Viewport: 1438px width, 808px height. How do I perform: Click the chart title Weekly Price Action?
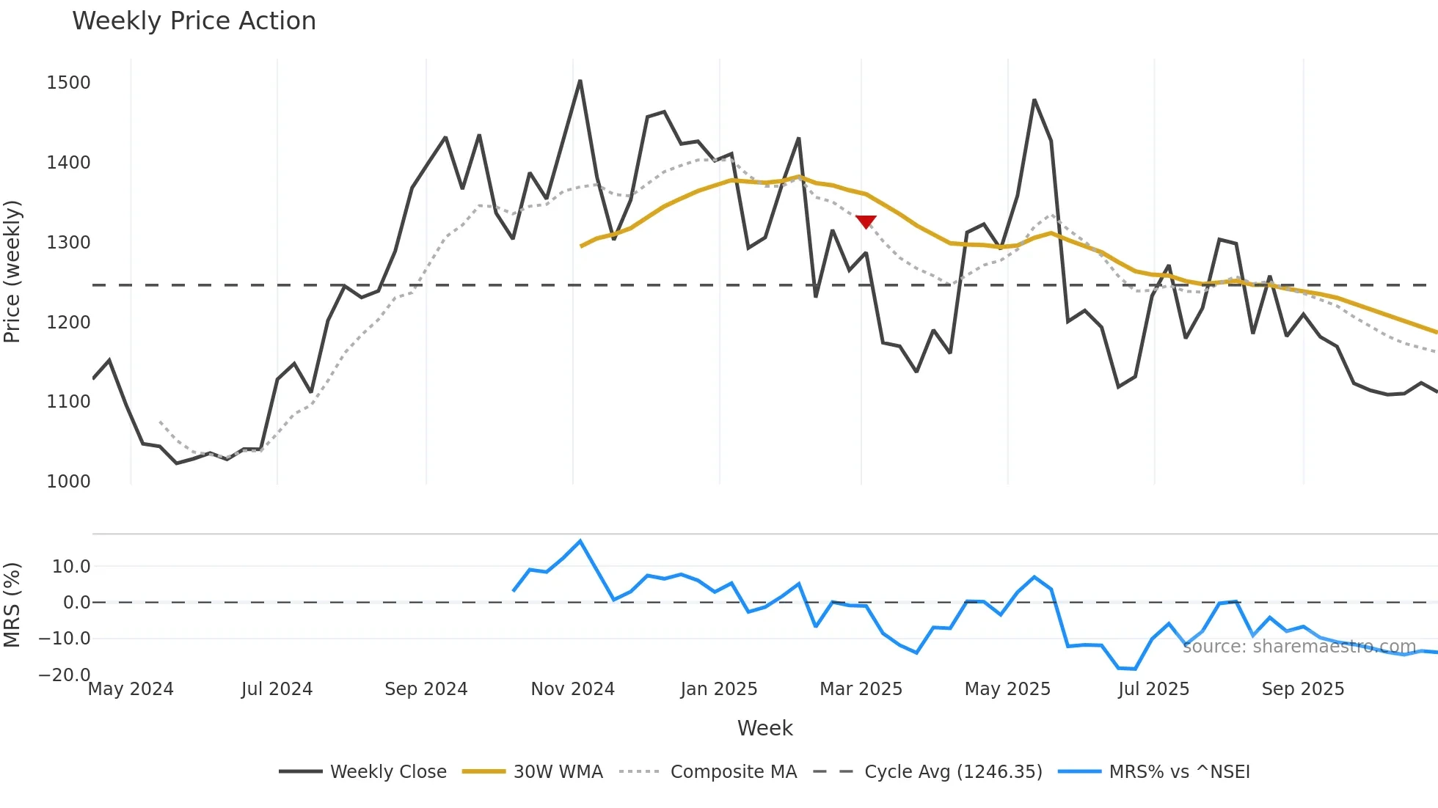click(194, 21)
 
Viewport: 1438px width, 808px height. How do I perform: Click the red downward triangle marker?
click(866, 221)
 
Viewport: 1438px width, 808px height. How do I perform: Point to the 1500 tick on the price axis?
click(68, 83)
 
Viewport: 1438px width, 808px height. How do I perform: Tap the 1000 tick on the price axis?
click(68, 482)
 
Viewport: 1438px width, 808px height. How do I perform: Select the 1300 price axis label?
click(68, 243)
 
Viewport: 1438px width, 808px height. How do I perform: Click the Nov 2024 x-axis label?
click(572, 689)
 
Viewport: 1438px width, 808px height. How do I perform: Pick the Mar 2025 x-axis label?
click(861, 689)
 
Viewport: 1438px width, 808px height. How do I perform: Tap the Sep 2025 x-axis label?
click(1302, 689)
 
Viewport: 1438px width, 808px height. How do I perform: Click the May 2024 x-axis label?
click(131, 689)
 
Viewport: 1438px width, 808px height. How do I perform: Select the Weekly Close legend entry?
click(363, 772)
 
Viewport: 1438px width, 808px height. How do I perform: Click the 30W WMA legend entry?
click(533, 772)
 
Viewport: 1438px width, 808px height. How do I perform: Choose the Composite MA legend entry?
click(708, 772)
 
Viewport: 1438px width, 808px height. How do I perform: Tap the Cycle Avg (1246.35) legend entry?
click(928, 772)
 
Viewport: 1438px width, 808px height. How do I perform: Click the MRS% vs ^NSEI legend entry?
click(1154, 772)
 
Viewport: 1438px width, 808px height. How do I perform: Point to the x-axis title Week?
click(764, 728)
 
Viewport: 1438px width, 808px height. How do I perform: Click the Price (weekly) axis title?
click(12, 271)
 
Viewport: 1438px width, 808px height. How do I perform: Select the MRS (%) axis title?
click(12, 605)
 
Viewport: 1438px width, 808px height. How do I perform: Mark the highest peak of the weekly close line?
click(580, 81)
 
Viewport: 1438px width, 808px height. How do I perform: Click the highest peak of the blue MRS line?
click(580, 541)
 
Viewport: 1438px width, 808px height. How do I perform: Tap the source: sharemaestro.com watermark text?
click(1299, 647)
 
